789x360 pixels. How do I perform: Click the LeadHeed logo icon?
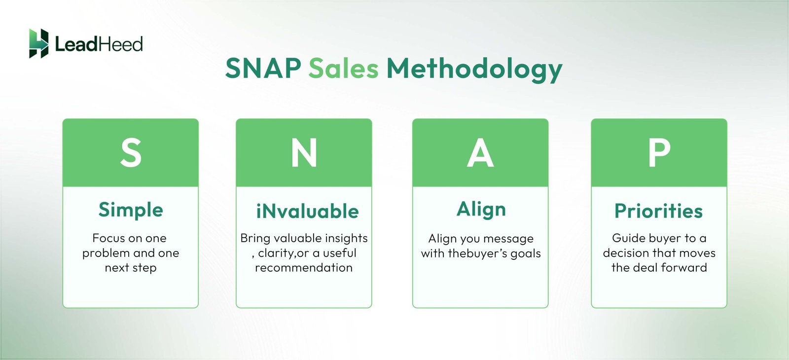point(38,43)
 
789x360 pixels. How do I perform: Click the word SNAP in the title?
point(263,68)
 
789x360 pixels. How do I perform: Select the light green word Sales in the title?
point(344,68)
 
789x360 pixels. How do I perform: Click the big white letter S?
point(131,153)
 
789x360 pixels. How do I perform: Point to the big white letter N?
point(304,153)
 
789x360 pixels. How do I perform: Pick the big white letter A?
point(480,153)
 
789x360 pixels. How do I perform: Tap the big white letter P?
point(659,153)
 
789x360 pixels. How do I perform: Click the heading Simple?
point(131,210)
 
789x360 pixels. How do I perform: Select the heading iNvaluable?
point(307,211)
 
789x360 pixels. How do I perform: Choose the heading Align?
point(481,210)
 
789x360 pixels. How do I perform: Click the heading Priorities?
point(658,211)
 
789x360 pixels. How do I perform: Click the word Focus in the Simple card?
point(108,238)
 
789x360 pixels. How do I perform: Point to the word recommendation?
point(304,268)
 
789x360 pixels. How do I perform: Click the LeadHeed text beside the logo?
point(99,44)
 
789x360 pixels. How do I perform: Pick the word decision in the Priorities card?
point(626,253)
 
